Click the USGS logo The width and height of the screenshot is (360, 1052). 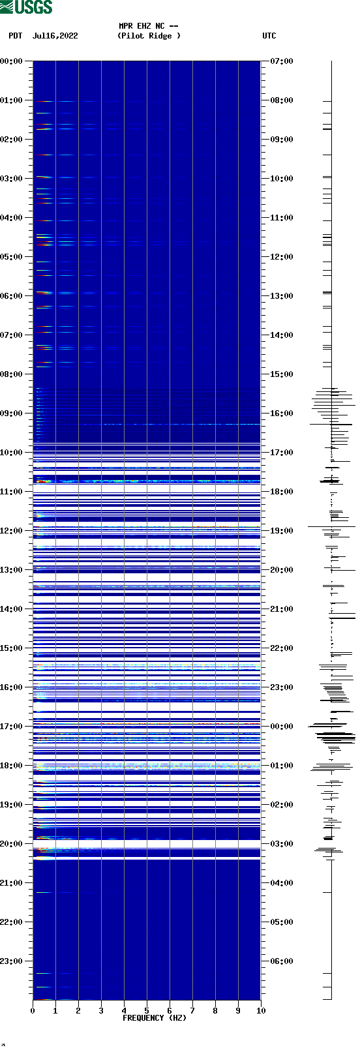26,7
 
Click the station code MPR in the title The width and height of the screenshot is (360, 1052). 126,26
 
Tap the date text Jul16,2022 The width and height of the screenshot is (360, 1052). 55,36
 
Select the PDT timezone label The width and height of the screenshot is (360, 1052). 15,36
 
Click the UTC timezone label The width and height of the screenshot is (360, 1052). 269,36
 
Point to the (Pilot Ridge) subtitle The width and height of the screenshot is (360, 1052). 149,36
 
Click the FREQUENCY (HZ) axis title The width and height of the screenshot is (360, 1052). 155,1018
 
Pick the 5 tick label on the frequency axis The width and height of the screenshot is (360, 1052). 147,1011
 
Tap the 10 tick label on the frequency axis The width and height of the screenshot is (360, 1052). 261,1011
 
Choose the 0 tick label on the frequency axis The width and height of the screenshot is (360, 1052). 33,1011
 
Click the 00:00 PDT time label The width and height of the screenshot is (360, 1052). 11,61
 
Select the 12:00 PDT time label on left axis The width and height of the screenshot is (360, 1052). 11,531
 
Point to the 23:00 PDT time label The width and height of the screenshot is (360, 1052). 11,961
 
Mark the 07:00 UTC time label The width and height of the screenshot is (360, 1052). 282,61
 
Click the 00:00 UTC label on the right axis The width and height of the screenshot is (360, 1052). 282,727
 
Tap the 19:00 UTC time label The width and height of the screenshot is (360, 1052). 282,531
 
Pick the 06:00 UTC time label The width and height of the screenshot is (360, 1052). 282,961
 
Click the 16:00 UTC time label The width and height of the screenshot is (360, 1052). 282,413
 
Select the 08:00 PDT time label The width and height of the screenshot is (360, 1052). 11,374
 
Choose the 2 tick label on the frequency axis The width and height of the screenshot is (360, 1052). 78,1011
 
